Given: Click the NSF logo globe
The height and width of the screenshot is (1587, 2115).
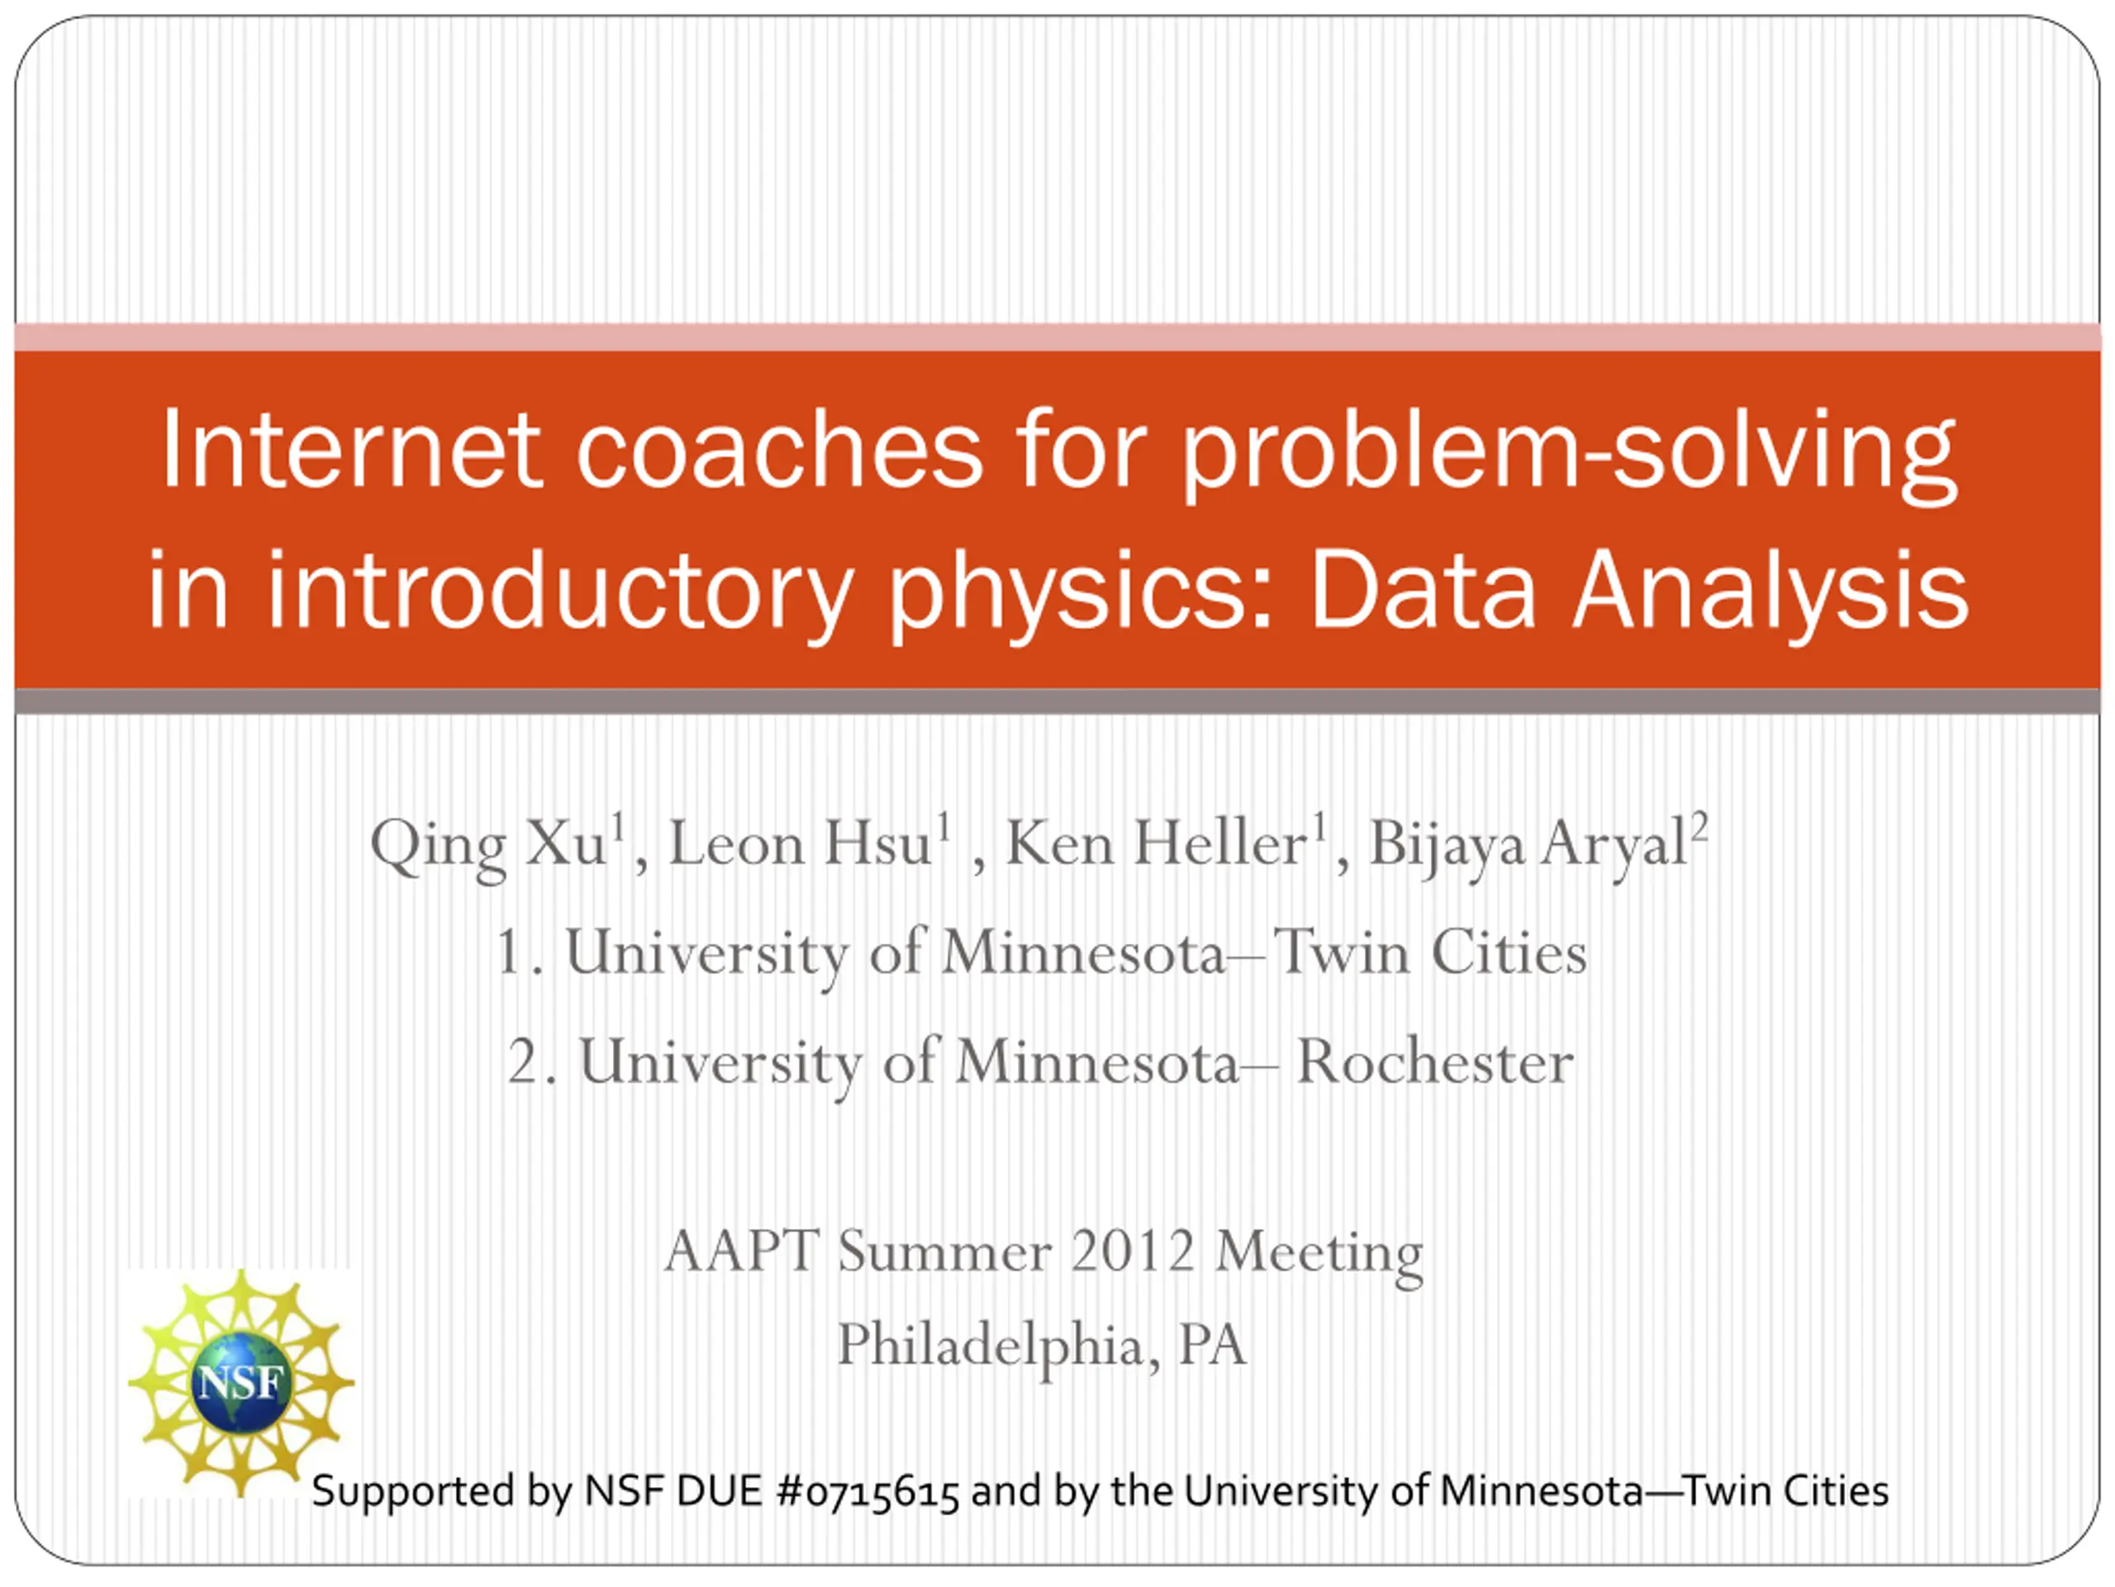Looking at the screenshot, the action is click(241, 1382).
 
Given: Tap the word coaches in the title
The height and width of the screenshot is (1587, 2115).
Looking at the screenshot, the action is click(779, 449).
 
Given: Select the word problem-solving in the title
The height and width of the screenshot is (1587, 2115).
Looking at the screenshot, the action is click(1569, 454).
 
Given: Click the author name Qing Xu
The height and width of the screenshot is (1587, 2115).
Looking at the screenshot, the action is click(487, 846).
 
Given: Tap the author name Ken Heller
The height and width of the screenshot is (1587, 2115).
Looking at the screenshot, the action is click(1155, 845).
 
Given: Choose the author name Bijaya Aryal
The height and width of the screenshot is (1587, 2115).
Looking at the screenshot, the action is click(1528, 846).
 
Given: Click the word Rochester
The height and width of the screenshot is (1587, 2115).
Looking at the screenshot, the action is click(1434, 1062).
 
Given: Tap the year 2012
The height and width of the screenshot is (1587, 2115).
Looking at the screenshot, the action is click(1133, 1251).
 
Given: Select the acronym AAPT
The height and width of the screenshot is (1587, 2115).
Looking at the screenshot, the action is click(742, 1251).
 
